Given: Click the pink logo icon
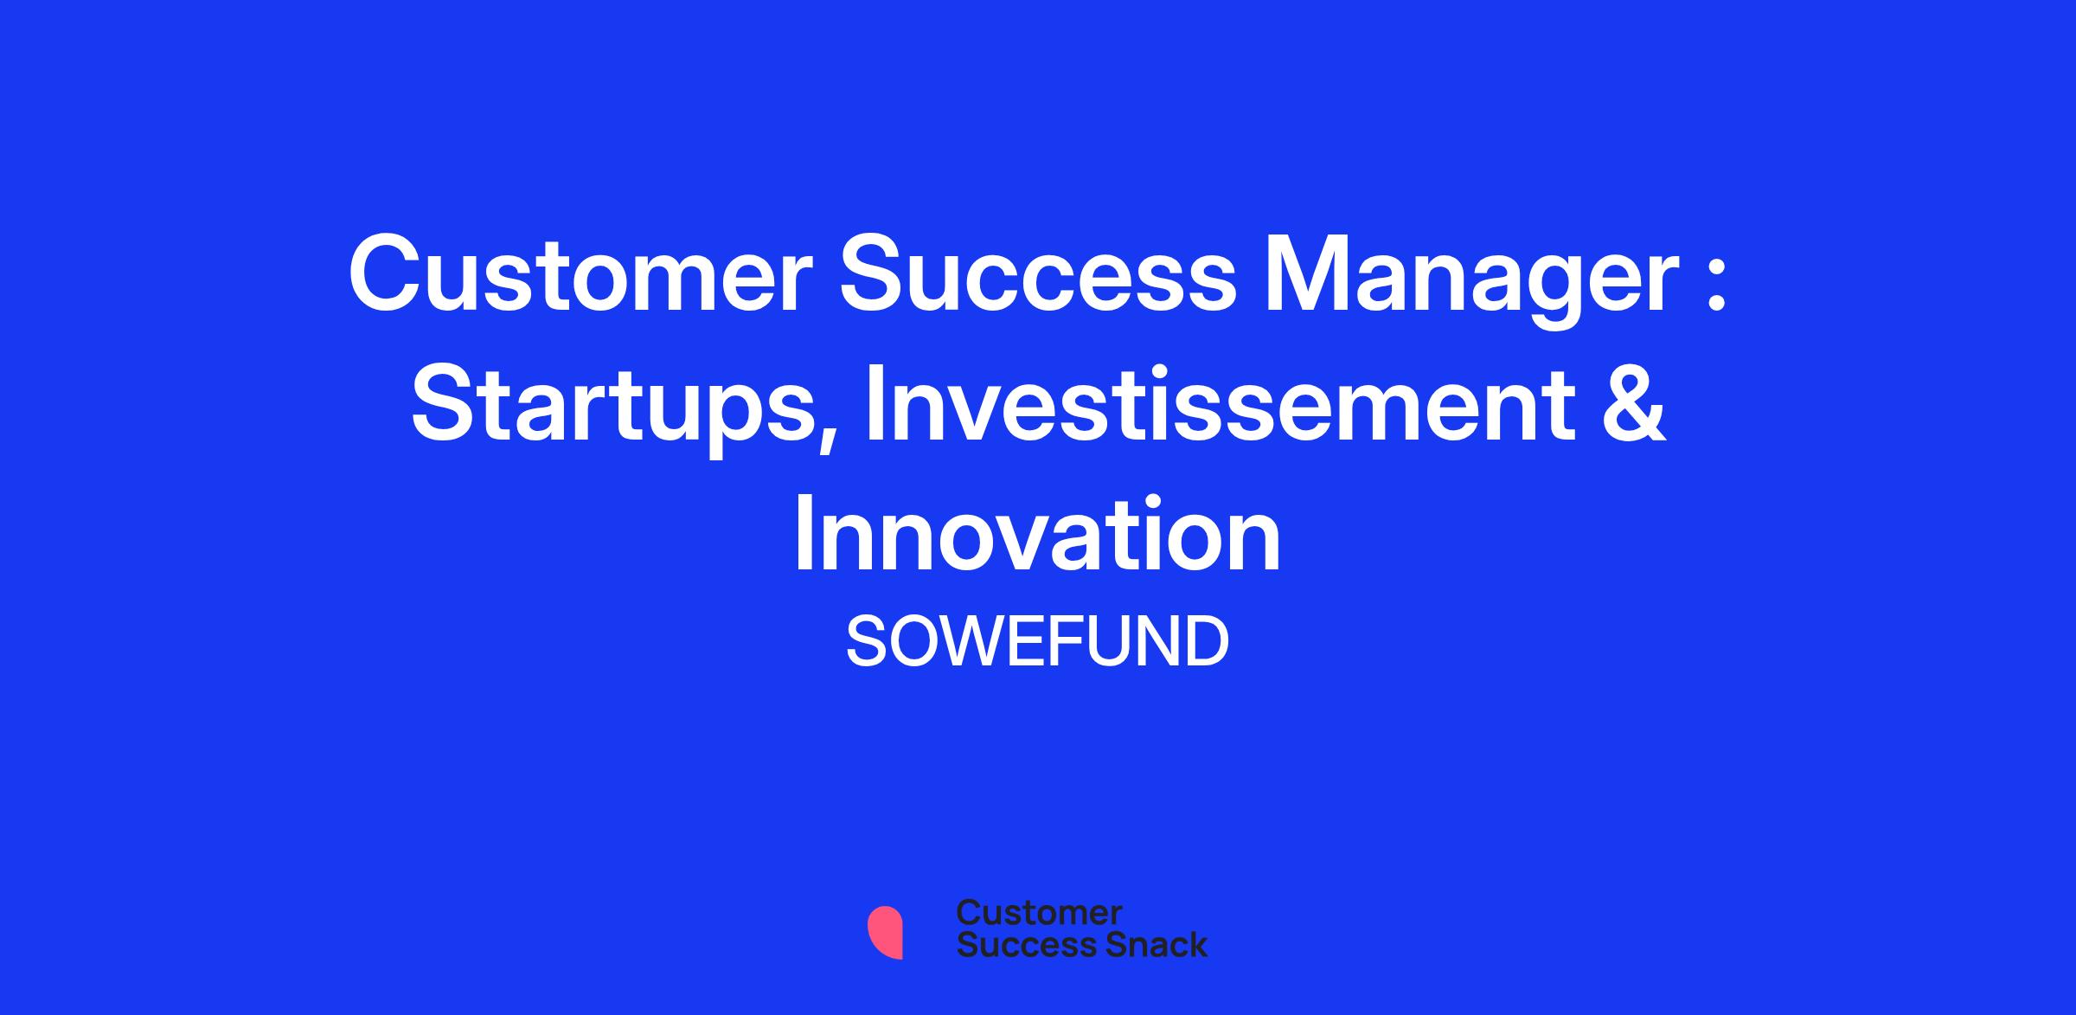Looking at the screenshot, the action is click(885, 932).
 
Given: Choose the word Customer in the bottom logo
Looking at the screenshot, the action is click(1039, 912).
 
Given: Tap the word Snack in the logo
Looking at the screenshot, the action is click(1144, 944).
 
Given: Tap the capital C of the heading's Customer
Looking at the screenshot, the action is click(384, 273).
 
